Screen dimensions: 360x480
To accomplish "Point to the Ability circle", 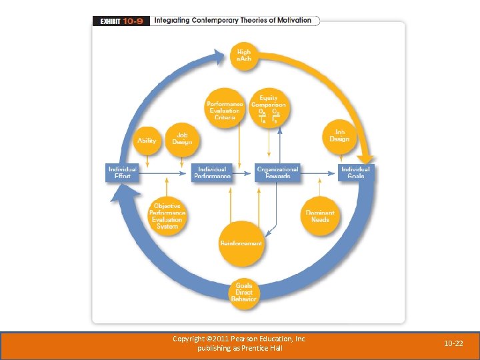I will pyautogui.click(x=147, y=140).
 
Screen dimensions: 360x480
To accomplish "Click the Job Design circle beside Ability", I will pyautogui.click(x=182, y=139).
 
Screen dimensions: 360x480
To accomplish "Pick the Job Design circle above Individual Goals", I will pyautogui.click(x=339, y=135).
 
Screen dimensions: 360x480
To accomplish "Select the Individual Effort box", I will pyautogui.click(x=122, y=172).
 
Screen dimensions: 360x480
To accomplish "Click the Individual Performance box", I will pyautogui.click(x=212, y=172).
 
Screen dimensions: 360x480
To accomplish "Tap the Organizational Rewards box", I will pyautogui.click(x=277, y=172).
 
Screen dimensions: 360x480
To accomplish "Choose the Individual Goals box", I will pyautogui.click(x=355, y=172).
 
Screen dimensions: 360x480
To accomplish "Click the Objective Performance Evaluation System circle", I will pyautogui.click(x=167, y=216).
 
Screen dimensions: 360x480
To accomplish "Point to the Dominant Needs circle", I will pyautogui.click(x=320, y=216).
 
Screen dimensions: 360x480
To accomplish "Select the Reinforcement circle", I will pyautogui.click(x=241, y=243).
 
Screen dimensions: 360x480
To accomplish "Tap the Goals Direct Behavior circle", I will pyautogui.click(x=243, y=293).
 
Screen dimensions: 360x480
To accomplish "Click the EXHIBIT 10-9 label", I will pyautogui.click(x=121, y=21).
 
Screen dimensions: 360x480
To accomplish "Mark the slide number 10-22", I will pyautogui.click(x=454, y=343).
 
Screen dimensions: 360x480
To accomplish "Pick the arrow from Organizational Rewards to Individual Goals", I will pyautogui.click(x=319, y=173).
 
